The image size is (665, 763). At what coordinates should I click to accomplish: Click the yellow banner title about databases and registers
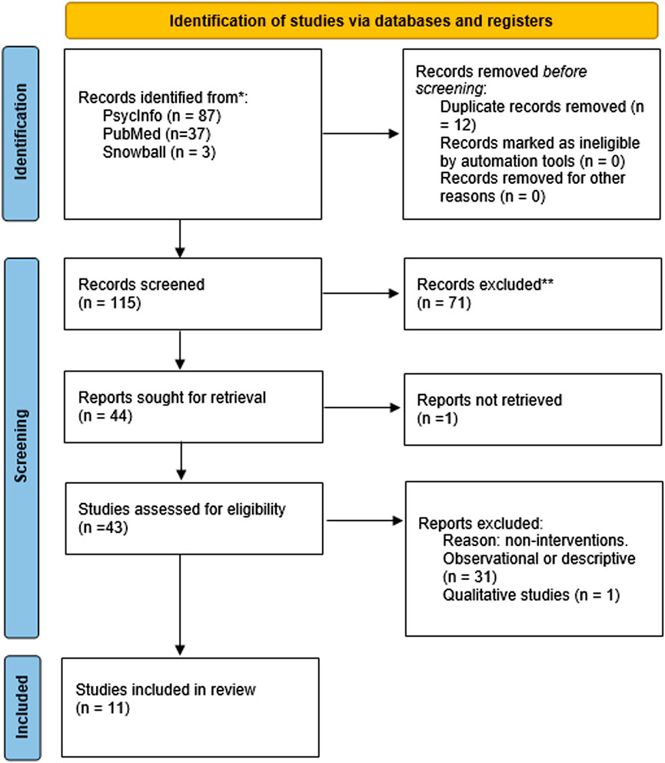[x=360, y=21]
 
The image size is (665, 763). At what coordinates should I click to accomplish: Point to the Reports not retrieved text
[x=489, y=400]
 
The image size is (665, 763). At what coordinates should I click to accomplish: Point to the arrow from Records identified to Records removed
[x=361, y=134]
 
